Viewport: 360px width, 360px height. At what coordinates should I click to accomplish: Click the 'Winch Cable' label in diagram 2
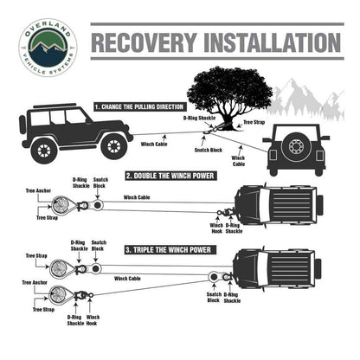coord(137,197)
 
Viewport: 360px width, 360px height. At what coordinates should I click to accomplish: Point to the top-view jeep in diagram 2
coord(277,204)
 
